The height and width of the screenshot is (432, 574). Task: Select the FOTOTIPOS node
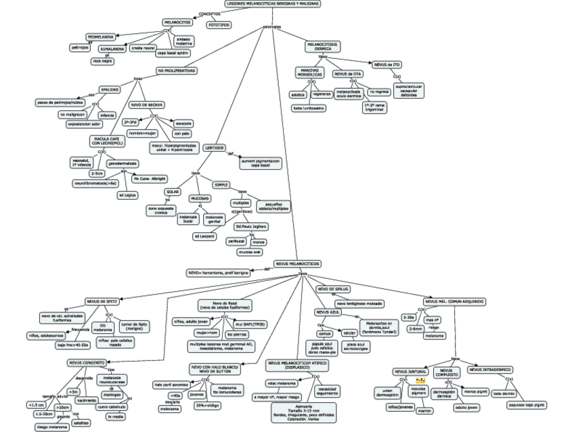click(x=218, y=24)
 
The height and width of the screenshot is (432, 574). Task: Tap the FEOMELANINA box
click(x=100, y=37)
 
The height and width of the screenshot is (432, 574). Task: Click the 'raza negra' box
click(x=103, y=61)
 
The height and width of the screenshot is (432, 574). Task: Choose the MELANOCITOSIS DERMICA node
click(x=323, y=47)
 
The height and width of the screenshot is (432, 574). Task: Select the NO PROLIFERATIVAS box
click(x=177, y=70)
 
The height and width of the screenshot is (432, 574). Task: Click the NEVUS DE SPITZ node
click(x=104, y=301)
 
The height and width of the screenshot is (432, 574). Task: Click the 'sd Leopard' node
click(x=204, y=236)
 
